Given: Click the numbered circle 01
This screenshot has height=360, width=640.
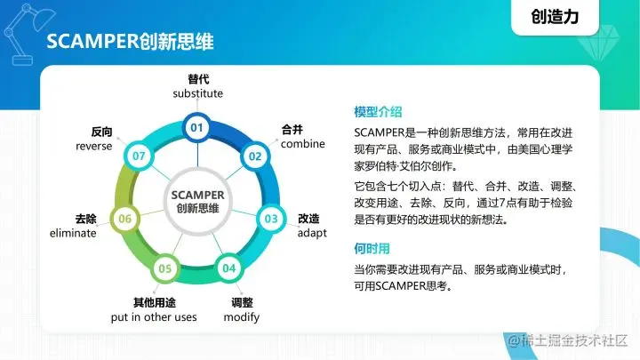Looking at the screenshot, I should pyautogui.click(x=197, y=129).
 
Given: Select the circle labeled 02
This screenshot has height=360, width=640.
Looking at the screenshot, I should pyautogui.click(x=255, y=156).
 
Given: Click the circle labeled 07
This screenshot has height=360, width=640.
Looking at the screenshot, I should pyautogui.click(x=139, y=156).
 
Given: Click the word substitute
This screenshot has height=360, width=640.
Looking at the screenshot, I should pyautogui.click(x=197, y=93).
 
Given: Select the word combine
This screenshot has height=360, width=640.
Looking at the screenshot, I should pyautogui.click(x=303, y=144).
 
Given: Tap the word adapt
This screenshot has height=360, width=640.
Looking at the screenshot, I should pyautogui.click(x=312, y=233).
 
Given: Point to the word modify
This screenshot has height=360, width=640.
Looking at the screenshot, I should pyautogui.click(x=242, y=317).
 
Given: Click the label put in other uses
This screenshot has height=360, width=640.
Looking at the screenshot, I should pyautogui.click(x=154, y=317).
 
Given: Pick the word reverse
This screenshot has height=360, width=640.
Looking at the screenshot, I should pyautogui.click(x=93, y=146).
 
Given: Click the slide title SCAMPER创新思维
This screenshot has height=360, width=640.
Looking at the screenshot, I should pyautogui.click(x=129, y=43).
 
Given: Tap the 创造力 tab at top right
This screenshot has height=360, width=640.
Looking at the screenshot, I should pyautogui.click(x=561, y=15).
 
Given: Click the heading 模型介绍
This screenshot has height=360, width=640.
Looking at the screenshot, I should pyautogui.click(x=378, y=112).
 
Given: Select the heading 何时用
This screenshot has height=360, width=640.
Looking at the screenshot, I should pyautogui.click(x=372, y=250).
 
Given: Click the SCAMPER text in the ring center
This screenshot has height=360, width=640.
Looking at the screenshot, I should pyautogui.click(x=197, y=195).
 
